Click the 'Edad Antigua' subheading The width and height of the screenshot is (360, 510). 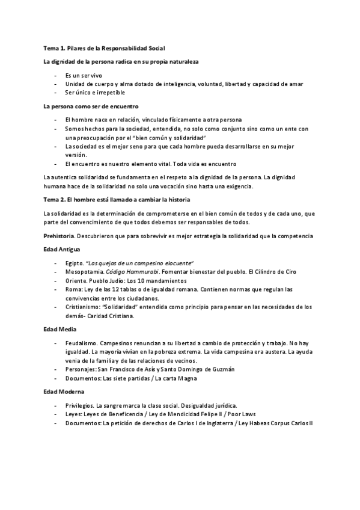click(62, 249)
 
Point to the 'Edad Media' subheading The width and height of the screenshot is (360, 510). click(59, 329)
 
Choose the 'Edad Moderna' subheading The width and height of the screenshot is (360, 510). click(63, 392)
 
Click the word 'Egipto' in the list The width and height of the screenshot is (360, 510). click(74, 263)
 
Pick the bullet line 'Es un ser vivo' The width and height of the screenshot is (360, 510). click(85, 76)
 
